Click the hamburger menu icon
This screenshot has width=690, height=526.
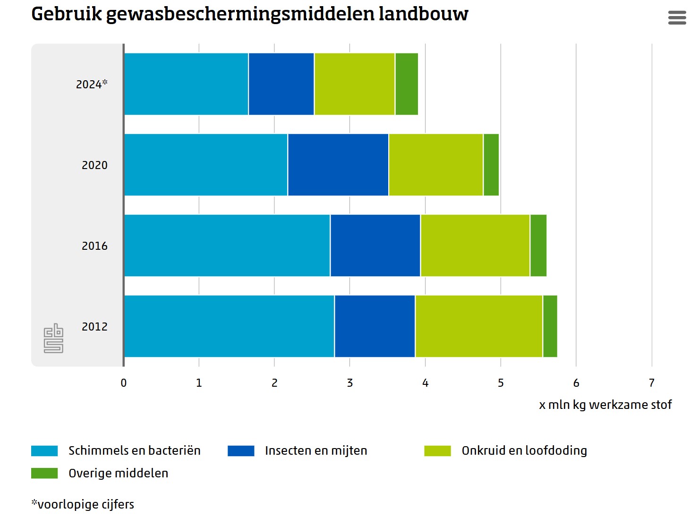(x=677, y=17)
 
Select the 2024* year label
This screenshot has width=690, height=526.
(x=92, y=84)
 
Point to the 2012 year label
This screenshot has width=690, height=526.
(x=94, y=327)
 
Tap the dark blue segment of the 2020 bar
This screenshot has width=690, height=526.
(x=338, y=165)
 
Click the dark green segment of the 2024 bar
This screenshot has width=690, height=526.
(x=407, y=84)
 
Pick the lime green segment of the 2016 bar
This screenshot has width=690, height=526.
(x=475, y=246)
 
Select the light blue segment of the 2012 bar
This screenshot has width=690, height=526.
(x=229, y=326)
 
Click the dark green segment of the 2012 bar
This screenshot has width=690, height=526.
(x=550, y=326)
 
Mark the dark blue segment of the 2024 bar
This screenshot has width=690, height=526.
(x=281, y=84)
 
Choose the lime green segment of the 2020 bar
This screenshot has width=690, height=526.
(x=435, y=165)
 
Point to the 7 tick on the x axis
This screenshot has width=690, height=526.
(x=652, y=383)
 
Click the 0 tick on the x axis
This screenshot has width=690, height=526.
(x=124, y=383)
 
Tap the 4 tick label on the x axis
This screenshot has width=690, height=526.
(x=425, y=383)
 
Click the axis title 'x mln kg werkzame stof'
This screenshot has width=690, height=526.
(x=605, y=405)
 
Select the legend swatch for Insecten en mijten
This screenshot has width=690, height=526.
(x=241, y=451)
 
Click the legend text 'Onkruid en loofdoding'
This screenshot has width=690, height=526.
(x=524, y=451)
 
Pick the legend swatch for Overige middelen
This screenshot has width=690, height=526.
(x=44, y=473)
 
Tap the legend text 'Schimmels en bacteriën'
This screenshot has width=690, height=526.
(x=135, y=451)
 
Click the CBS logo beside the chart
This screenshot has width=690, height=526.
(x=53, y=338)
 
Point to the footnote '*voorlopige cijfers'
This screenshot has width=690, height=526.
(x=83, y=504)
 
